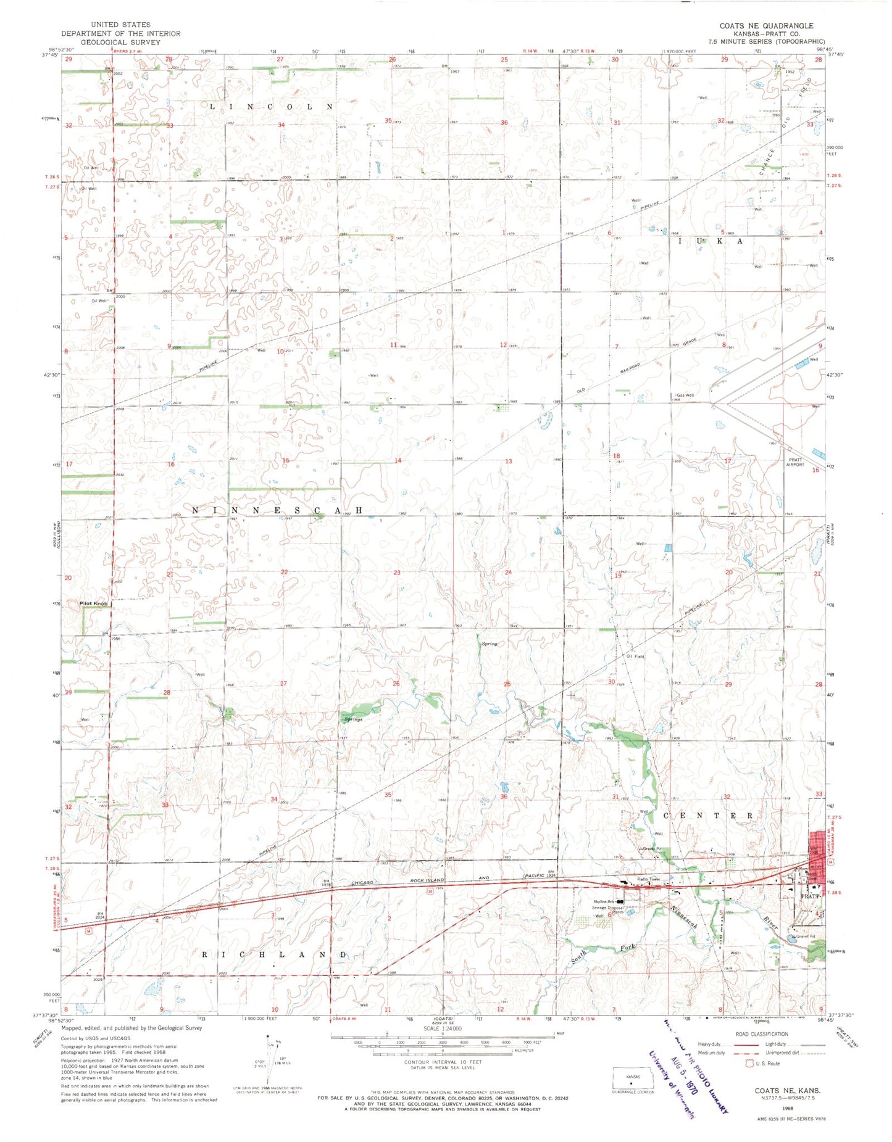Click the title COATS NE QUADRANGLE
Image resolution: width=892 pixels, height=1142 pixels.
point(766,25)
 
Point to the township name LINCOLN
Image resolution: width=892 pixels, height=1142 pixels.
point(272,107)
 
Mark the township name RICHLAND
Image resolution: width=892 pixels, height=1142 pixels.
point(275,954)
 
